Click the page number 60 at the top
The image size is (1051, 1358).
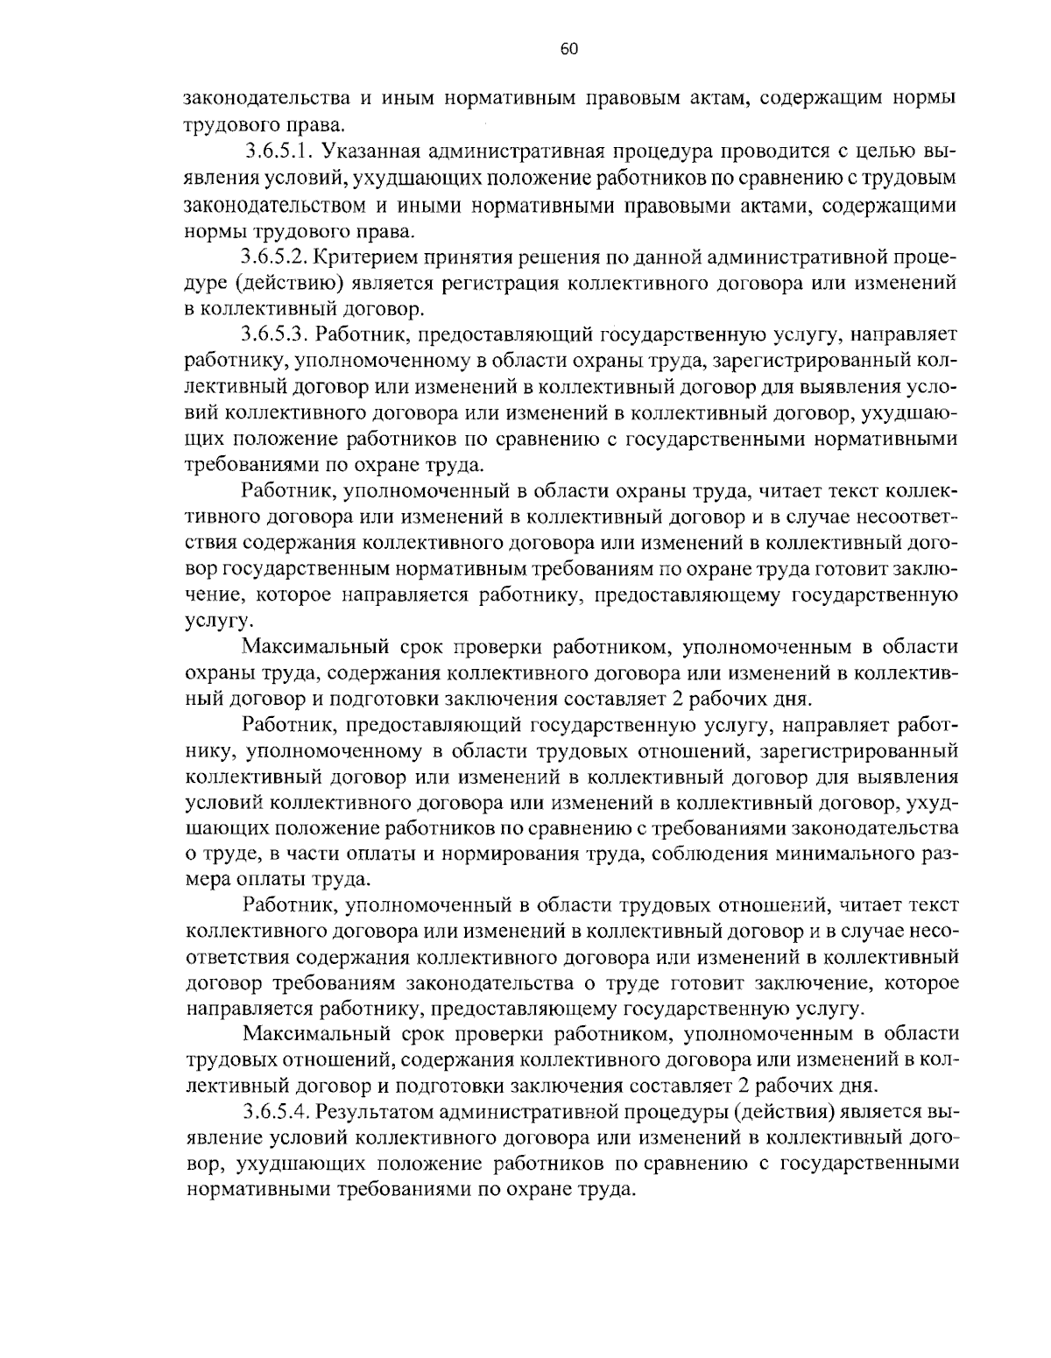(x=568, y=49)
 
